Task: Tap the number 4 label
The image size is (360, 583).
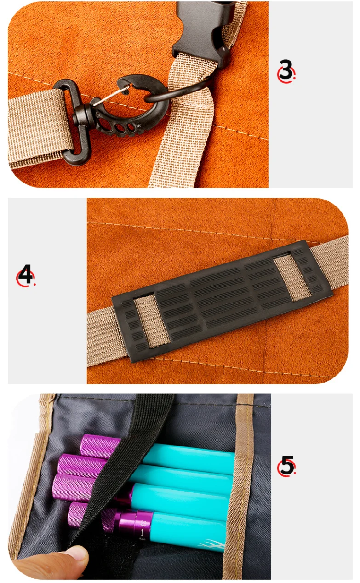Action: (25, 274)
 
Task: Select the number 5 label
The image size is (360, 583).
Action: (286, 466)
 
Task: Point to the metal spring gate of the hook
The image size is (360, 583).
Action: (111, 96)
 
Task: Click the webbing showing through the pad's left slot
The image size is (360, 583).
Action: (152, 321)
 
